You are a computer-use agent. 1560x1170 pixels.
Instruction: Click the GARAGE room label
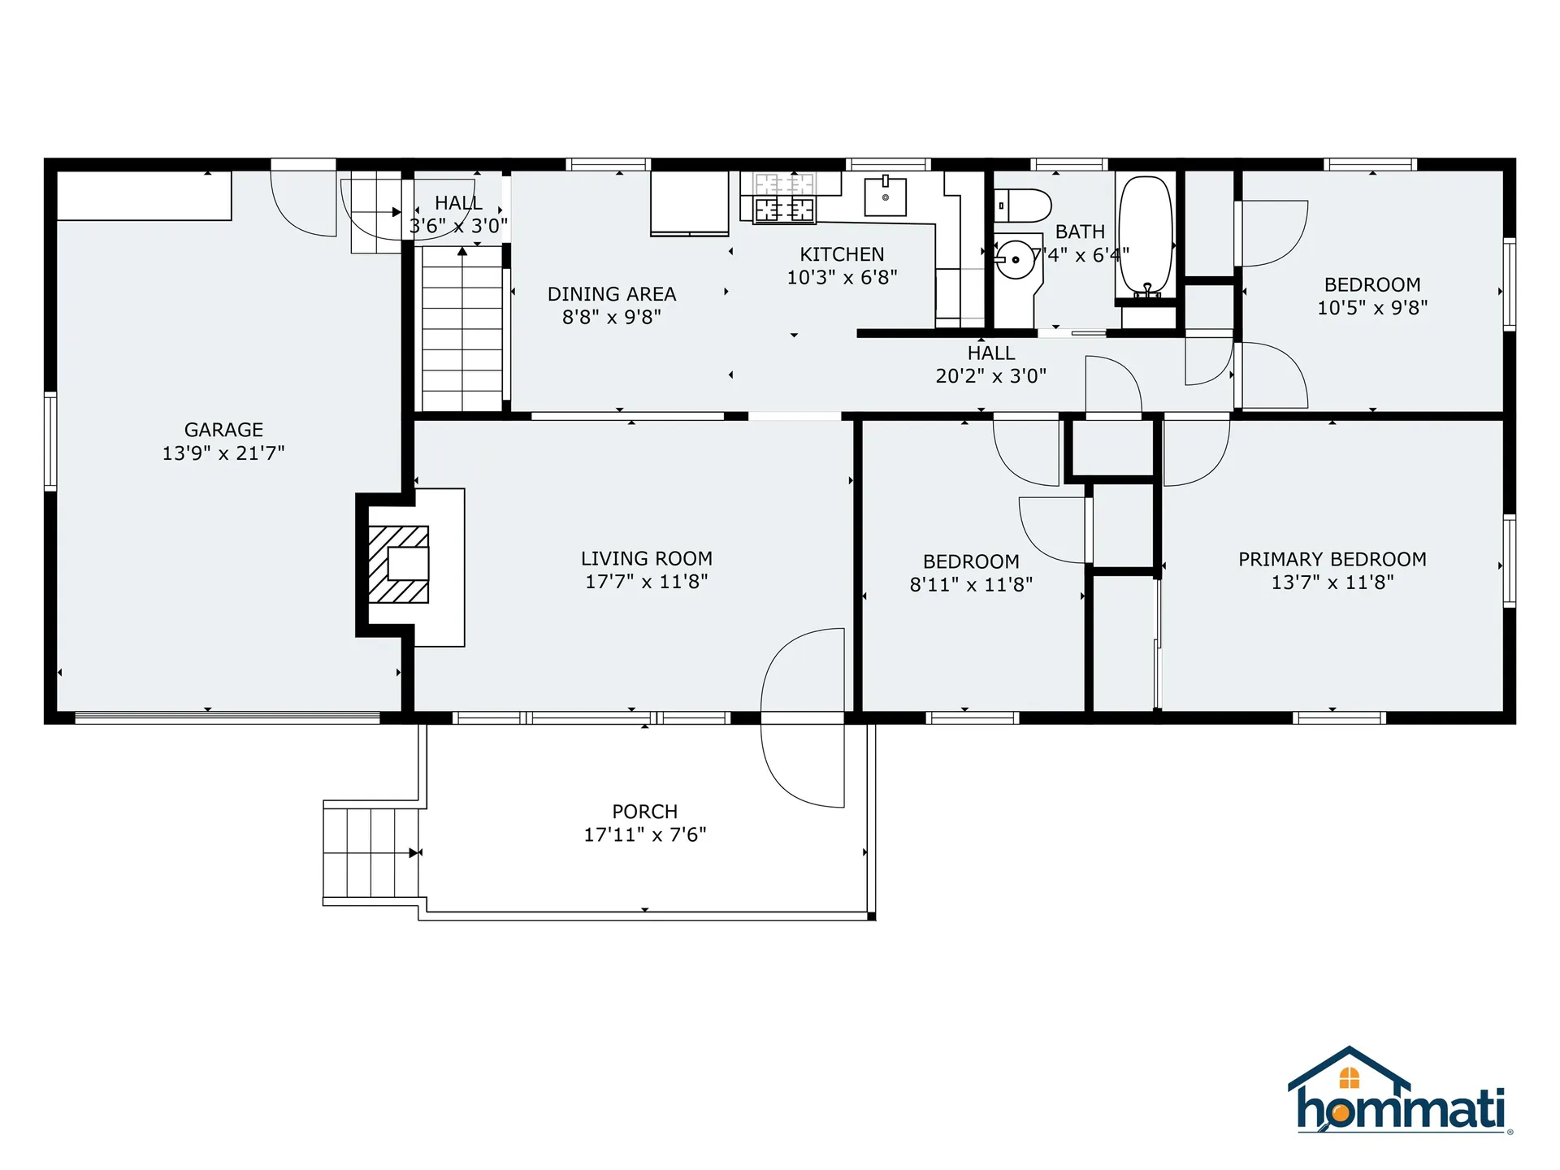pos(223,430)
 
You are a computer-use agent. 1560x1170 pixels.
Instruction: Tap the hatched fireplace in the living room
pos(398,564)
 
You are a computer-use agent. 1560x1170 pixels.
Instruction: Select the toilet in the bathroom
pos(1023,206)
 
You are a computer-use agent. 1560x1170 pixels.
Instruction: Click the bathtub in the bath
pos(1146,236)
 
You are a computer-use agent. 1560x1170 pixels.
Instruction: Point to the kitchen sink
pos(885,197)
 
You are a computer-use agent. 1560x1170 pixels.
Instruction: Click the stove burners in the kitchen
pos(784,197)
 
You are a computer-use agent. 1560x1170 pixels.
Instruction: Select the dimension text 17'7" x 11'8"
pos(647,582)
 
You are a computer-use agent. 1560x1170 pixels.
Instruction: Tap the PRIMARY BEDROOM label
pos(1332,559)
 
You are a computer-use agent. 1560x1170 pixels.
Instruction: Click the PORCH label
pos(644,812)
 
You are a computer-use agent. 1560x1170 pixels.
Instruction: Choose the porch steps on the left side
pos(370,852)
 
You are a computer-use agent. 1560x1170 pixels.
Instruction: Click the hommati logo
pos(1400,1094)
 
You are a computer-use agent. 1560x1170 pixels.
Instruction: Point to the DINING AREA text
pos(612,294)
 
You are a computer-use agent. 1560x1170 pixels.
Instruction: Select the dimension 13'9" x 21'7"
pos(223,453)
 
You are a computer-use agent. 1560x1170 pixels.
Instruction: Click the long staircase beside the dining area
pos(461,329)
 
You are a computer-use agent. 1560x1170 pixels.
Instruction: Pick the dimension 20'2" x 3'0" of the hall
pos(990,376)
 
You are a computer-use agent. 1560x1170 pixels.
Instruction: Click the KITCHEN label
pos(842,254)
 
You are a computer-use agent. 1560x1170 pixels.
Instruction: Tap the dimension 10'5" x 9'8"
pos(1372,308)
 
